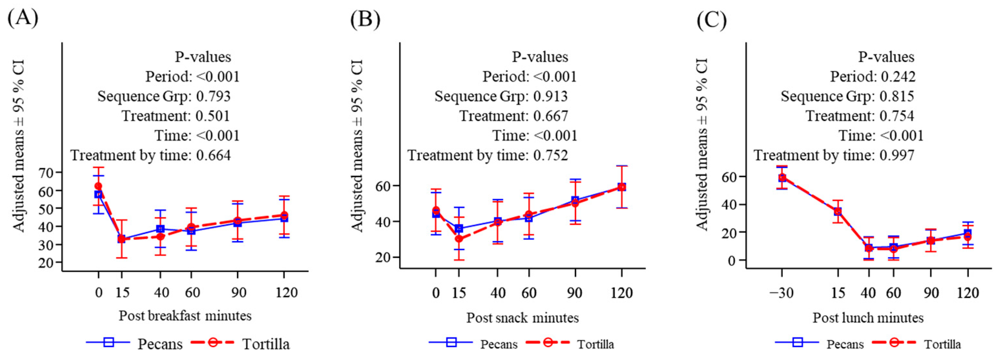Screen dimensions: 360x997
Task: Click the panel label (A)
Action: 23,18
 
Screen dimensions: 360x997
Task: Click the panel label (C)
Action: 711,20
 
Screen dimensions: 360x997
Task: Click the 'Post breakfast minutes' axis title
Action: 185,316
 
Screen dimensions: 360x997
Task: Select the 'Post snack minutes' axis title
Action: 522,318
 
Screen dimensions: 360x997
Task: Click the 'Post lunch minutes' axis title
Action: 868,318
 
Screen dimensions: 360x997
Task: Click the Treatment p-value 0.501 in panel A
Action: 213,116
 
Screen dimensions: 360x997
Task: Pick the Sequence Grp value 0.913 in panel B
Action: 550,96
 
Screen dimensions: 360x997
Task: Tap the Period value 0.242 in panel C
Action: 898,76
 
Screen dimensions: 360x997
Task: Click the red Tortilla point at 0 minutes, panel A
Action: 98,186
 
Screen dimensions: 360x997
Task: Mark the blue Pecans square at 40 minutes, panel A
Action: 160,229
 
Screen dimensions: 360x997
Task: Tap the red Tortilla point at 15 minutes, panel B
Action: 459,239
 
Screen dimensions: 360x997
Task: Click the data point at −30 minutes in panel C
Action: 782,178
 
